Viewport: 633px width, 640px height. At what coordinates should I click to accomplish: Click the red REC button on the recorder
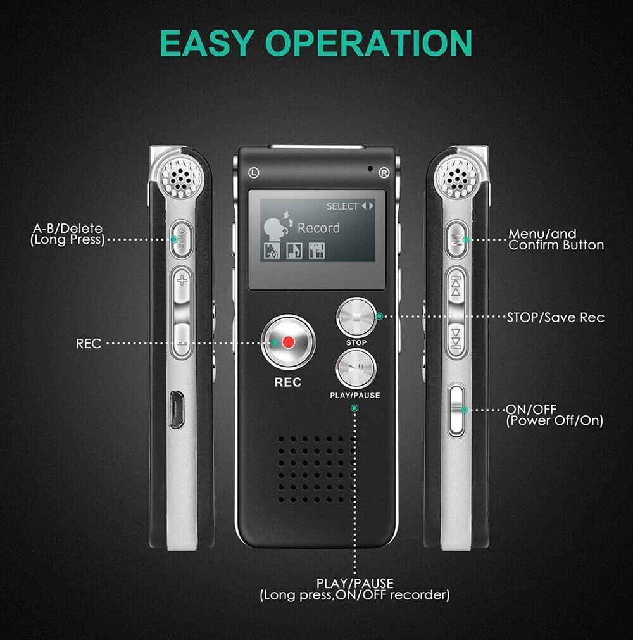(x=289, y=342)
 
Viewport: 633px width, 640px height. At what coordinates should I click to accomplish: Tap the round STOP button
(x=356, y=317)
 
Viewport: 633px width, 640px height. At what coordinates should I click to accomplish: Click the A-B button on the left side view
(x=181, y=239)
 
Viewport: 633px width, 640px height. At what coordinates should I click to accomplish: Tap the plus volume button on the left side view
(x=182, y=280)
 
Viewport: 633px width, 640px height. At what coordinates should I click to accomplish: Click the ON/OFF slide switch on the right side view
(x=456, y=410)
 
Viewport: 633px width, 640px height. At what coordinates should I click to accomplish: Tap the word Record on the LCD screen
(x=318, y=228)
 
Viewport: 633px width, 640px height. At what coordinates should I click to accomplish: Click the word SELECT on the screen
(x=342, y=206)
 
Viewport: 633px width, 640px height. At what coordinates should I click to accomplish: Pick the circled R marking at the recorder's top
(x=383, y=172)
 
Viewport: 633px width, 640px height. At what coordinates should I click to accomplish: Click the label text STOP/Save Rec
(x=555, y=317)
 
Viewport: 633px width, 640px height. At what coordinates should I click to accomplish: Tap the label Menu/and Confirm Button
(x=555, y=239)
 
